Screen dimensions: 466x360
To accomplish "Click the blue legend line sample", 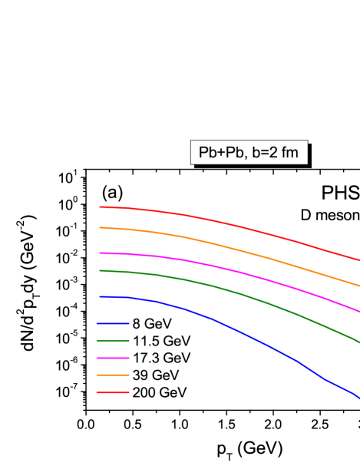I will point(113,323).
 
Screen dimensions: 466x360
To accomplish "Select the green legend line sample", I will point(113,340).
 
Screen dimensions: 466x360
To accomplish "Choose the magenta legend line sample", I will point(113,358).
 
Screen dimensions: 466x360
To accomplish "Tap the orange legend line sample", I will point(113,375).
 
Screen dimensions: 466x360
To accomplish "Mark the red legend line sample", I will point(113,392).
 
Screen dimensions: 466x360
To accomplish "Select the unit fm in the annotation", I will point(289,153).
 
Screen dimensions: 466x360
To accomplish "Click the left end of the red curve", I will point(100,207).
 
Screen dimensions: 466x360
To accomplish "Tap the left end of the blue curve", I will point(100,296).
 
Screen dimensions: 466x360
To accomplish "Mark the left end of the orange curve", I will point(100,227).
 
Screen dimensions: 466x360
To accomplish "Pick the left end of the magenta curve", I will point(100,253).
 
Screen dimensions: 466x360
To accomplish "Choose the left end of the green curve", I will point(100,270).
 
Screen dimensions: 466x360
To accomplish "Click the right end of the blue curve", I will point(358,397).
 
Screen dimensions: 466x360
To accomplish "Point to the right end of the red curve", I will point(358,260).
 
